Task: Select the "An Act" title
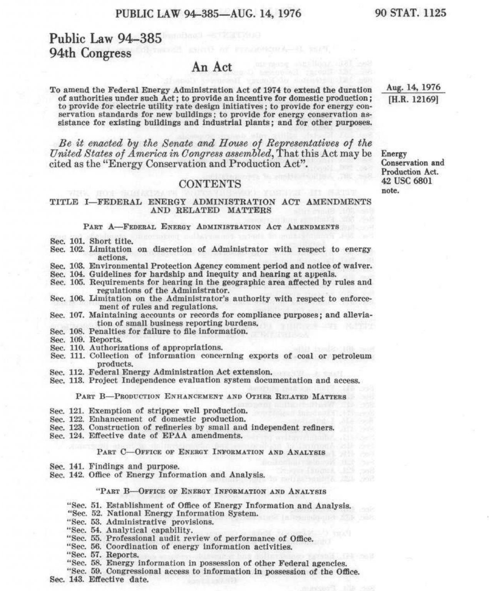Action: coord(212,67)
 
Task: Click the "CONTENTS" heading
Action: coord(211,184)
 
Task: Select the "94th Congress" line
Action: coord(90,53)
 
